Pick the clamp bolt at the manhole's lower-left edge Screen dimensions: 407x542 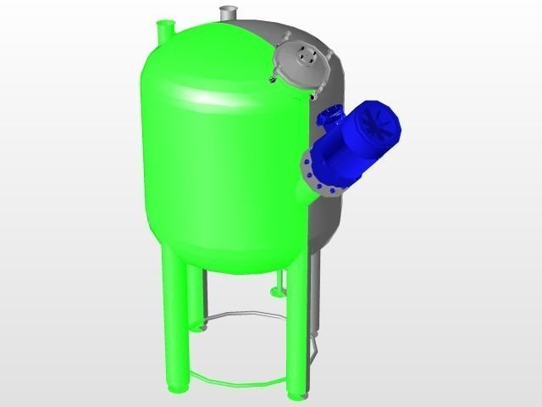tap(274, 80)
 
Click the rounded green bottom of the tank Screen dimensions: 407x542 tap(229, 254)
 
